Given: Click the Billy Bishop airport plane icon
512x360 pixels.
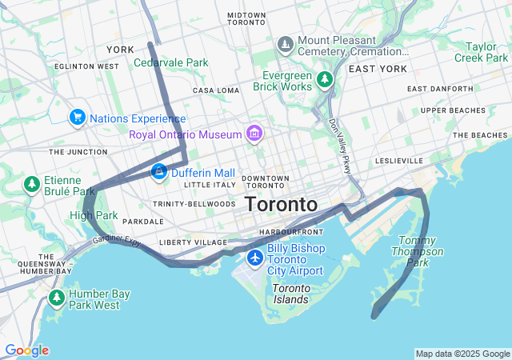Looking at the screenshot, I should (x=255, y=258).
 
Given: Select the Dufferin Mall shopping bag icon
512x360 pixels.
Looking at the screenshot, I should (x=159, y=172).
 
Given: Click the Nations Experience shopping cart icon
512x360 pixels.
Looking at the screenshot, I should (x=78, y=118).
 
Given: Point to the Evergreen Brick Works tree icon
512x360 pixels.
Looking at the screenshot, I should (x=324, y=79).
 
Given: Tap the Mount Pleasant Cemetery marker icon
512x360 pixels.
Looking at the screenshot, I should (x=284, y=43).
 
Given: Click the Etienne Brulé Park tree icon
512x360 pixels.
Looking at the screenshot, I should (x=32, y=185).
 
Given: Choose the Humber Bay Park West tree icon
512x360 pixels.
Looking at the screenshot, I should (x=56, y=298).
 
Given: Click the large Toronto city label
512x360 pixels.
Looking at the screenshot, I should (x=281, y=204).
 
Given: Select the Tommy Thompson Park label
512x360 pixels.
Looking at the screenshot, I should (x=421, y=251).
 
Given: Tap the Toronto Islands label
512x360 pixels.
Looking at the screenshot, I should (x=290, y=294).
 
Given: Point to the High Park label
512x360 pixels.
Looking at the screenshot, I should (x=94, y=215).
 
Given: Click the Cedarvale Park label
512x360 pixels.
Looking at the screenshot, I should (x=170, y=62).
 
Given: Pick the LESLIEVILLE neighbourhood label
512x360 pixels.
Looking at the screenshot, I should (x=398, y=161).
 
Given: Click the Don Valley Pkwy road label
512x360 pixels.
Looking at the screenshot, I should (x=339, y=146).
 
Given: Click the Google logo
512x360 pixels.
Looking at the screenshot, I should (x=26, y=350).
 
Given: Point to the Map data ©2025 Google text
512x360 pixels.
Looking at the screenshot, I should (x=462, y=354).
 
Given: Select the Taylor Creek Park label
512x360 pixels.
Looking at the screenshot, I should (x=482, y=52).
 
